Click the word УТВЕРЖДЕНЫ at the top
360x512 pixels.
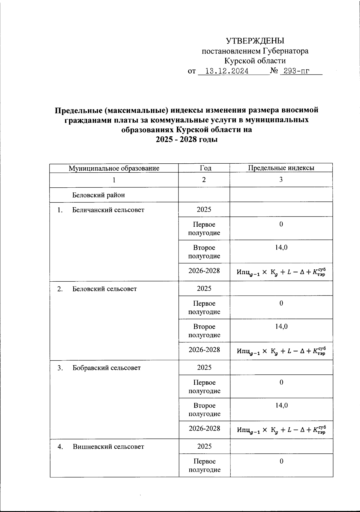click(x=255, y=41)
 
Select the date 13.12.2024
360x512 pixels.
click(x=227, y=71)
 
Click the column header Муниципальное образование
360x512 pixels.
click(x=114, y=168)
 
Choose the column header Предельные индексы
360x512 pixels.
click(x=281, y=168)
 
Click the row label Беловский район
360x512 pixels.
click(x=98, y=195)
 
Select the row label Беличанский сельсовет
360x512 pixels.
click(x=108, y=210)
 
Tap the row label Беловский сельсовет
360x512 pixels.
click(x=104, y=289)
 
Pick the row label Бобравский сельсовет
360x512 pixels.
click(x=106, y=368)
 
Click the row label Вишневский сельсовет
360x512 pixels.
click(x=108, y=447)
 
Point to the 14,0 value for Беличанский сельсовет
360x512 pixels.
click(x=281, y=247)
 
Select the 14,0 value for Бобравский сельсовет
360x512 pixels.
click(x=282, y=405)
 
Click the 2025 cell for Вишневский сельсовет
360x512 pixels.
click(x=204, y=447)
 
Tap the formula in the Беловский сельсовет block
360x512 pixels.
click(x=281, y=351)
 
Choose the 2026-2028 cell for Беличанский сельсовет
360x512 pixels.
click(x=204, y=271)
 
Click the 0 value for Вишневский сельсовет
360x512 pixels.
click(x=281, y=461)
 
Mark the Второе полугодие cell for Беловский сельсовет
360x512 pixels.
click(x=204, y=331)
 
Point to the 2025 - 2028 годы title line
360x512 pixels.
click(x=186, y=140)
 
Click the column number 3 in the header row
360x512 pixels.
click(x=281, y=180)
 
